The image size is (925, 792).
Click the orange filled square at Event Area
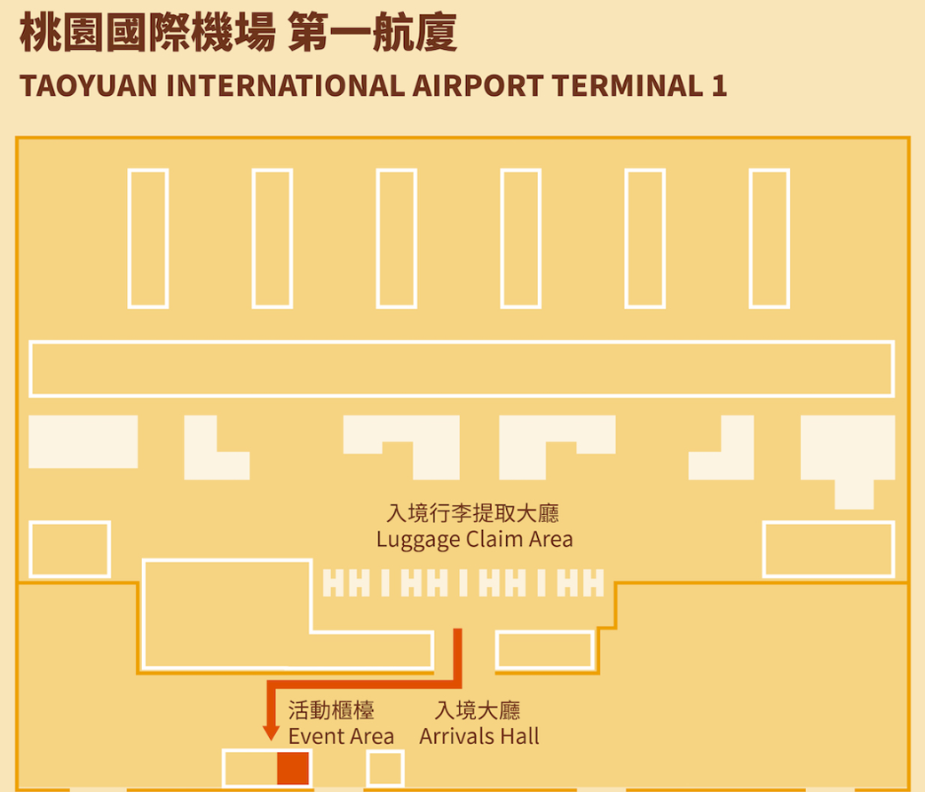[x=293, y=768]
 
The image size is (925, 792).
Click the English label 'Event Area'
[x=341, y=736]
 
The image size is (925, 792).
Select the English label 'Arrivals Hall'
[x=479, y=736]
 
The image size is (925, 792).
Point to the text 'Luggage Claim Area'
[x=474, y=539]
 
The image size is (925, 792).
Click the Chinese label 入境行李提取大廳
[x=474, y=514]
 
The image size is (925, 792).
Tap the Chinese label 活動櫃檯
[x=331, y=710]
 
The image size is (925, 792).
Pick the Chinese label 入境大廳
[x=478, y=710]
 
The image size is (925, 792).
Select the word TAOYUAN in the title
[x=88, y=86]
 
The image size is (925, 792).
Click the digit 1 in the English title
[x=719, y=86]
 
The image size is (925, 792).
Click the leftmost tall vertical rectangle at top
[x=148, y=238]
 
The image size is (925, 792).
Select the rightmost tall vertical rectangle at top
[x=770, y=238]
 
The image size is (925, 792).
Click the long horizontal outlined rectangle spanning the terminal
[x=462, y=368]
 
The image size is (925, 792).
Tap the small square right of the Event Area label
[x=385, y=769]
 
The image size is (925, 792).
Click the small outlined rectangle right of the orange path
[x=544, y=650]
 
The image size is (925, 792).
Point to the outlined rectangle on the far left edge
[x=69, y=549]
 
